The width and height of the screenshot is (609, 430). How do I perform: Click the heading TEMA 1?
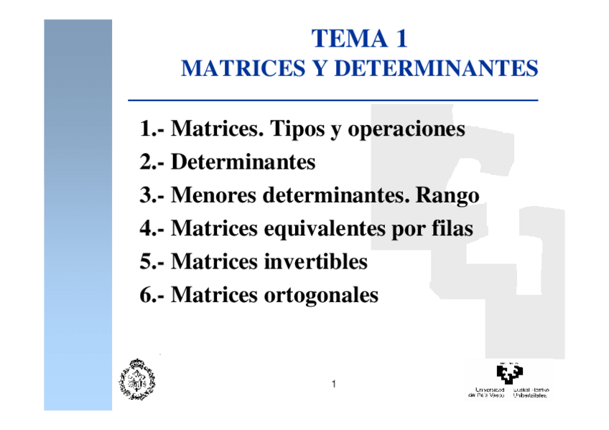360,38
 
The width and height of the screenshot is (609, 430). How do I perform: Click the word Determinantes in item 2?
243,162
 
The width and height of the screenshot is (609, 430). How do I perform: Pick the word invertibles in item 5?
314,261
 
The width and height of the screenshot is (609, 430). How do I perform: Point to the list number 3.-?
153,195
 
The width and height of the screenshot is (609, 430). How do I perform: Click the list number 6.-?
153,294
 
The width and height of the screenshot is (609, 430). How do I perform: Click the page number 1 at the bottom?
334,385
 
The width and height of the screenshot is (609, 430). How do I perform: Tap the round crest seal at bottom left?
136,378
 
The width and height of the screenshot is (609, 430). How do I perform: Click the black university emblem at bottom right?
509,374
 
